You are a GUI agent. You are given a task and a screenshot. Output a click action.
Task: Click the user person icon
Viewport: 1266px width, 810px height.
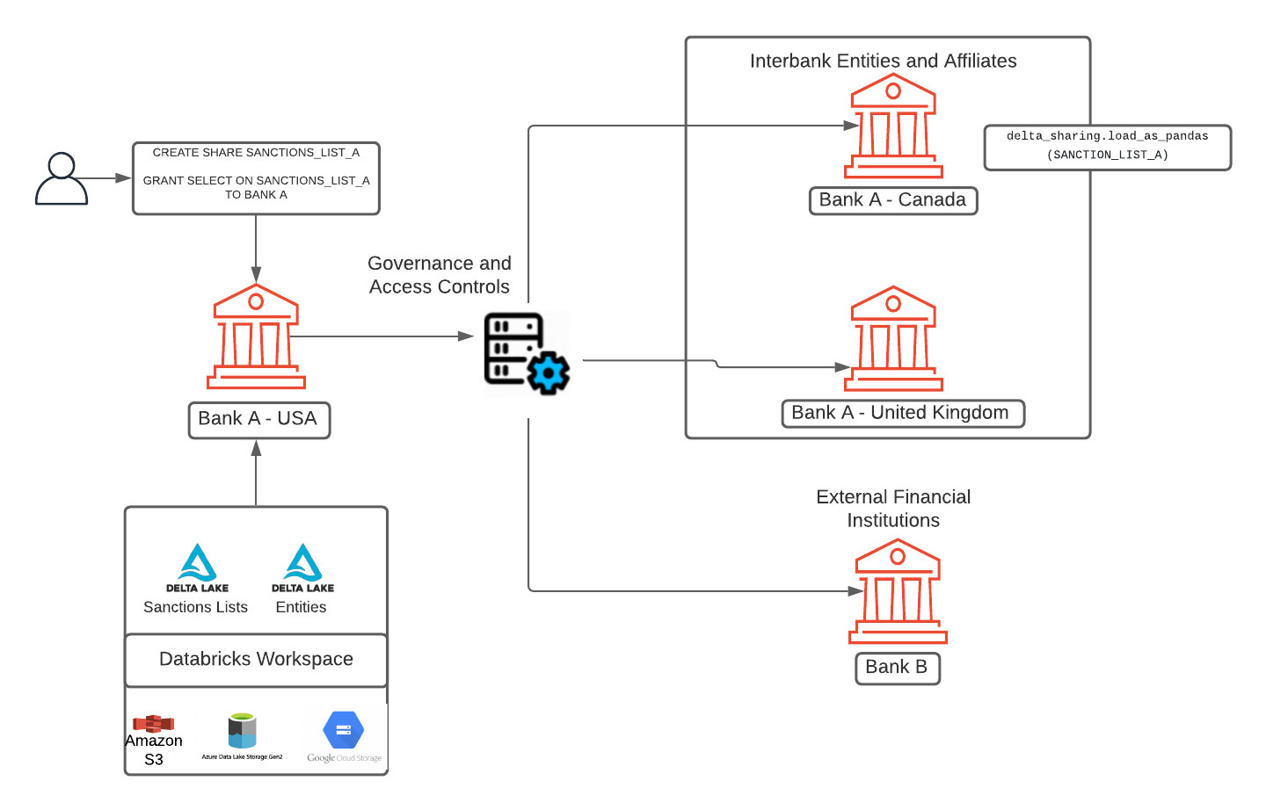tap(62, 178)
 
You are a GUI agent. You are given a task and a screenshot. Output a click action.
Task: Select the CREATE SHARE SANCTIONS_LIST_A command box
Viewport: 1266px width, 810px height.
tap(256, 178)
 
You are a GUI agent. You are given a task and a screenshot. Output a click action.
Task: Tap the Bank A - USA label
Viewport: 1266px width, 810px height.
tap(258, 420)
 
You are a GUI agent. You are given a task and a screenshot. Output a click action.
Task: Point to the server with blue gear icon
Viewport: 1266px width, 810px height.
tap(527, 353)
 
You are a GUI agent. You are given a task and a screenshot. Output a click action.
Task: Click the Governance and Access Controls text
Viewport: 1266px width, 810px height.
tap(440, 275)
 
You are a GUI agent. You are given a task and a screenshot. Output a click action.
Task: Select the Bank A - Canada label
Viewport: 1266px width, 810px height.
tap(892, 200)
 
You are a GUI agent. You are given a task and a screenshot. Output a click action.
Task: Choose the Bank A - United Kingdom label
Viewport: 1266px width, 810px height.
tap(902, 413)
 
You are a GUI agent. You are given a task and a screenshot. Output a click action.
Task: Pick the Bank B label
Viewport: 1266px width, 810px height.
tap(897, 668)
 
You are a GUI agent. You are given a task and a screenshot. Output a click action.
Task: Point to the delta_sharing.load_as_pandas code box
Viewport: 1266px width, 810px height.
tap(1107, 147)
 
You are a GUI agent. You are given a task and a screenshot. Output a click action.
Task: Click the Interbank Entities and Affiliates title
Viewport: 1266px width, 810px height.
tap(883, 61)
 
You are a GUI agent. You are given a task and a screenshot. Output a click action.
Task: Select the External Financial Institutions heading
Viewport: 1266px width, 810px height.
tap(893, 509)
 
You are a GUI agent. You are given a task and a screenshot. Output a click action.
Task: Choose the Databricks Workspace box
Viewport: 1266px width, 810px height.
tap(256, 660)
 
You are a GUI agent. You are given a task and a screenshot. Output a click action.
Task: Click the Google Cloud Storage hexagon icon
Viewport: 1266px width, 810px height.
tap(344, 730)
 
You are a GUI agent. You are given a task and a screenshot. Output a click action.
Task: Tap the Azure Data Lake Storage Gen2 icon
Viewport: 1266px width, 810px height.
tap(242, 730)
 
